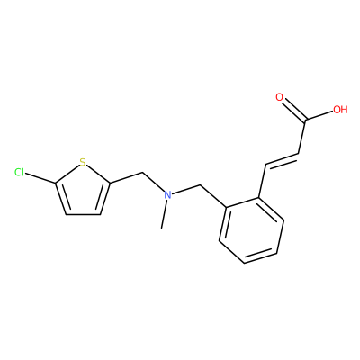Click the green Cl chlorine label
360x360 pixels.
click(x=20, y=172)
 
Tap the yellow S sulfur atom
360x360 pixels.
click(x=83, y=162)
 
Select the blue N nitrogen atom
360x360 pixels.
click(x=168, y=195)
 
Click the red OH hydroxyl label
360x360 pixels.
click(x=340, y=110)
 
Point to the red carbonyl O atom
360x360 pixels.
click(x=280, y=97)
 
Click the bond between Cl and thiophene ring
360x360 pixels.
click(x=40, y=178)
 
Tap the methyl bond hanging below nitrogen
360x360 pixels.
click(x=164, y=214)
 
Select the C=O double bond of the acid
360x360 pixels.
click(x=293, y=111)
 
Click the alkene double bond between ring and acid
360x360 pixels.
click(x=282, y=159)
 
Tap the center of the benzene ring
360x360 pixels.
click(x=252, y=230)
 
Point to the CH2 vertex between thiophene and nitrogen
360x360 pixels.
click(x=142, y=173)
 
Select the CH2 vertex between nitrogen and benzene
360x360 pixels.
click(x=200, y=185)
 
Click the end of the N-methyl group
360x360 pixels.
click(x=162, y=229)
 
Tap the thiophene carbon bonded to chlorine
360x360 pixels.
click(x=56, y=183)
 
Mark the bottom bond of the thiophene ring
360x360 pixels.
click(x=83, y=215)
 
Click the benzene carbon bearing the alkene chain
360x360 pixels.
click(x=258, y=198)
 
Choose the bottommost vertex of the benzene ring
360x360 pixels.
click(x=245, y=264)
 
